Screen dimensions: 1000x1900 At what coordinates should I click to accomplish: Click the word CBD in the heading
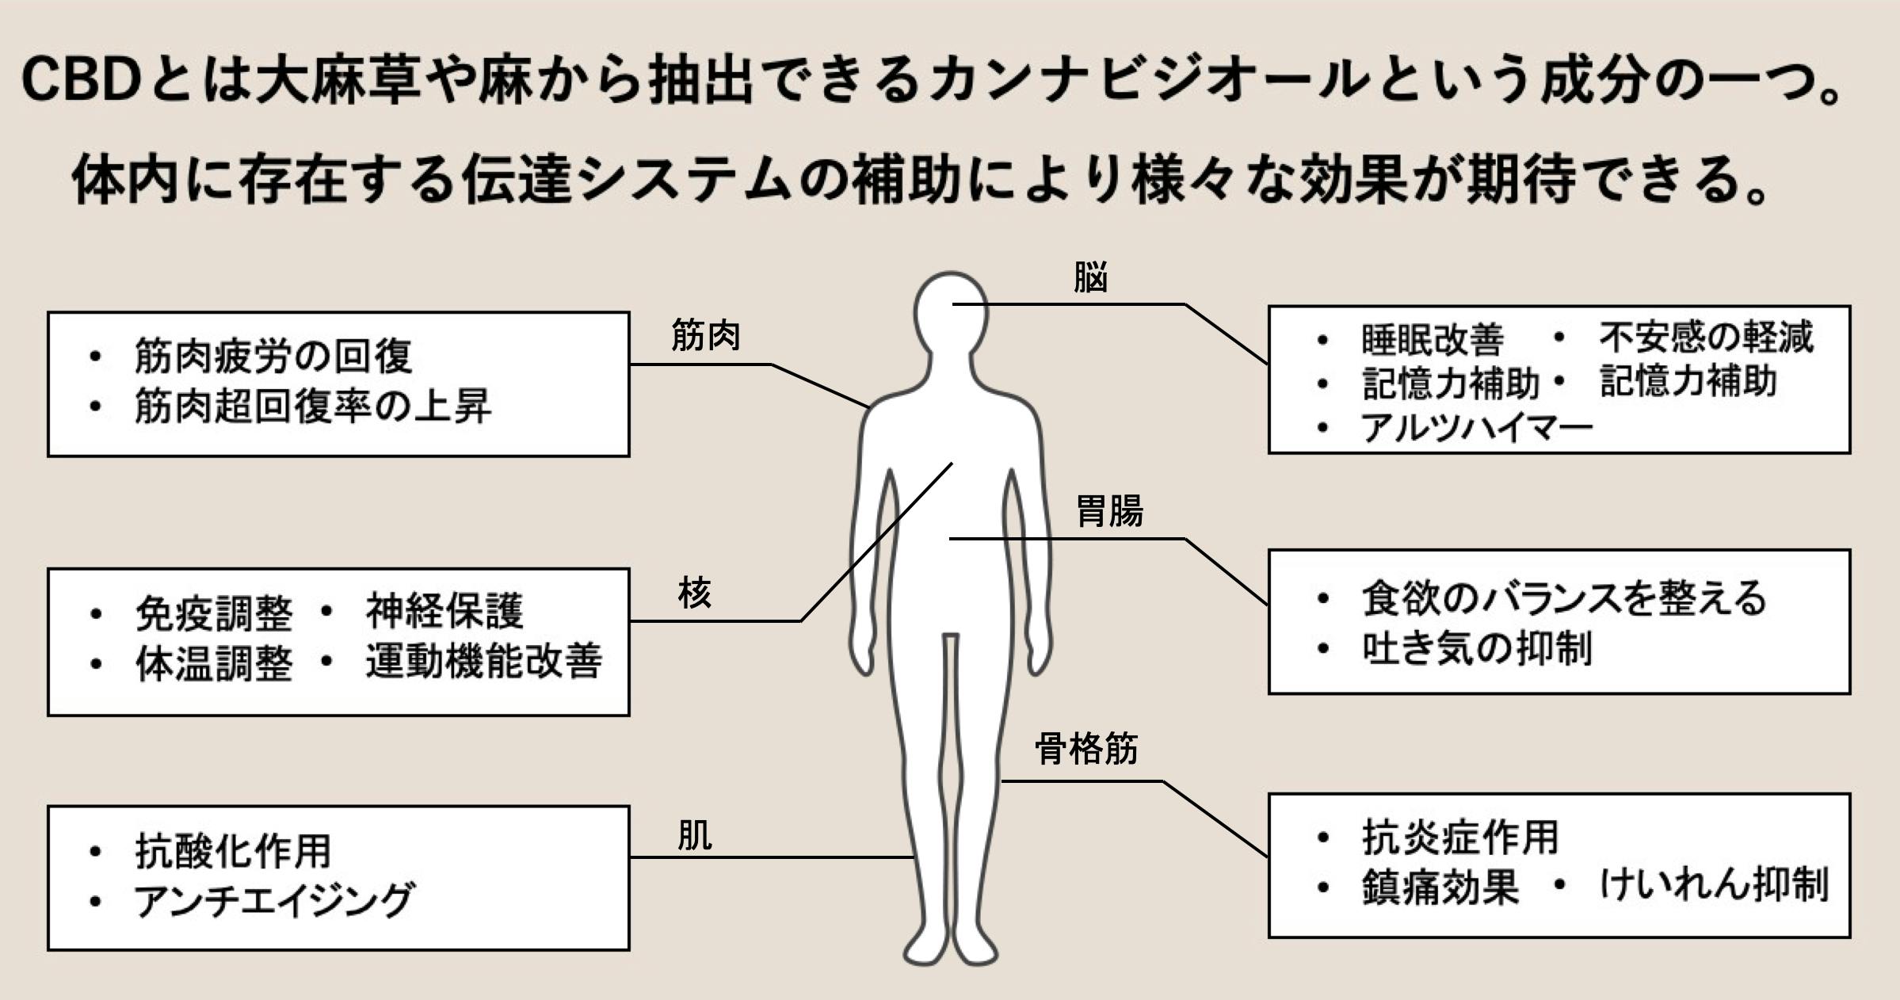(79, 81)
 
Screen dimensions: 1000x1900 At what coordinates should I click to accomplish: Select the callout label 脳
(1090, 277)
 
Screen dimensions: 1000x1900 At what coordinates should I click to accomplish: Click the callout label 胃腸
(1109, 511)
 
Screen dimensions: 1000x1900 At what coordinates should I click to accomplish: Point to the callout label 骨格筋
(1086, 749)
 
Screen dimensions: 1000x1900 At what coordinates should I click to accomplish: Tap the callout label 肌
(695, 835)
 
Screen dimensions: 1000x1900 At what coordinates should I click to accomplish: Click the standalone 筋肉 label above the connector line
(705, 336)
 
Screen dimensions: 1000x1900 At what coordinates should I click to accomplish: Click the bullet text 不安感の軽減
(1705, 338)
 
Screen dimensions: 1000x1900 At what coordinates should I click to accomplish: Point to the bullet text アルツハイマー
(1477, 429)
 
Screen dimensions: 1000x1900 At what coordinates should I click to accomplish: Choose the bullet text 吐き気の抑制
(1477, 649)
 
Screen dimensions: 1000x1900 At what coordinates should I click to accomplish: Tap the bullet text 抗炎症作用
(1460, 838)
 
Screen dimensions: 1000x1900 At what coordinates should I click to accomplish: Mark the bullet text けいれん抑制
(1714, 884)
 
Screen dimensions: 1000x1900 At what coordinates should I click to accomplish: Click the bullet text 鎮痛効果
(1440, 887)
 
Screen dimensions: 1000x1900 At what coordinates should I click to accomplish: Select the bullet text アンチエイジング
(274, 901)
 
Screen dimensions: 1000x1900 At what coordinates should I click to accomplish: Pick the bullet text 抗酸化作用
(233, 852)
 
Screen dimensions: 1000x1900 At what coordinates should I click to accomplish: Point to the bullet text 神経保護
(444, 611)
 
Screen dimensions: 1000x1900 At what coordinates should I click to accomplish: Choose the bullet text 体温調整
(214, 663)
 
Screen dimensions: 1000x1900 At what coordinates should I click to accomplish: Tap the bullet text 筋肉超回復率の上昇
(313, 407)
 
